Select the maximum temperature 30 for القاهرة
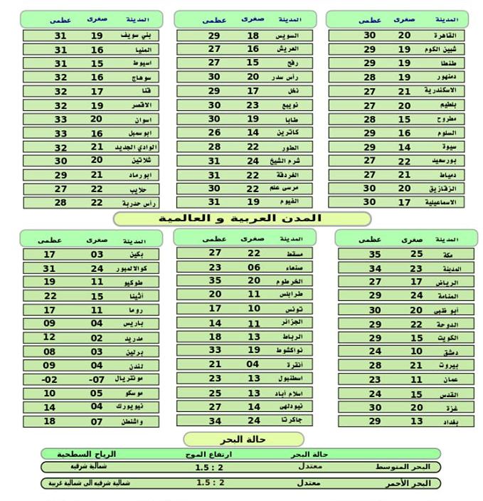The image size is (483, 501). click(369, 35)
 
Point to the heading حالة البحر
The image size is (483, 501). click(243, 439)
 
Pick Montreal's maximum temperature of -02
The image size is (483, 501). click(49, 379)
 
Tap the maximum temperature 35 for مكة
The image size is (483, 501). click(375, 254)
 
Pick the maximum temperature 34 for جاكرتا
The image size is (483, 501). click(215, 421)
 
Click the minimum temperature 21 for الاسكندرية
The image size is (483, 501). click(404, 91)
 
